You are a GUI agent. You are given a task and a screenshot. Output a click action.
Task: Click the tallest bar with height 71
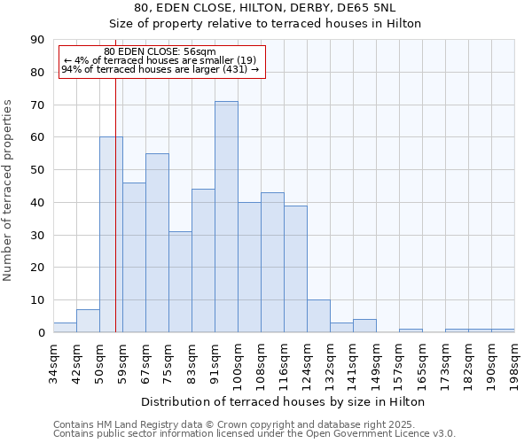coord(226,217)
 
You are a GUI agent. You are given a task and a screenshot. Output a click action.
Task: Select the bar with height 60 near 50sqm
coord(111,235)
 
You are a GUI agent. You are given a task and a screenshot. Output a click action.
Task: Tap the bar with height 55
coord(157,243)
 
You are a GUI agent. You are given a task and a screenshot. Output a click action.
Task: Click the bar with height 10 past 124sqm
coord(318,316)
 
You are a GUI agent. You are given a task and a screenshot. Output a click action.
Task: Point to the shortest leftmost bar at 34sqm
coord(65,328)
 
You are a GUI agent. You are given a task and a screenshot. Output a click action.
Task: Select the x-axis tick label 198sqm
coord(514,364)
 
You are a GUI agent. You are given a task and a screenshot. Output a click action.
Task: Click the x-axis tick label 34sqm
coord(53,361)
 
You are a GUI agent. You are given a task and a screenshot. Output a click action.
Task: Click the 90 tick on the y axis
coord(37,40)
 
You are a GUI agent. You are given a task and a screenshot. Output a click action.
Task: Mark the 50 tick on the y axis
coord(37,170)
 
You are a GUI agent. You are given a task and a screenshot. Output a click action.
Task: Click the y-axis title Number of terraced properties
coord(9,190)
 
